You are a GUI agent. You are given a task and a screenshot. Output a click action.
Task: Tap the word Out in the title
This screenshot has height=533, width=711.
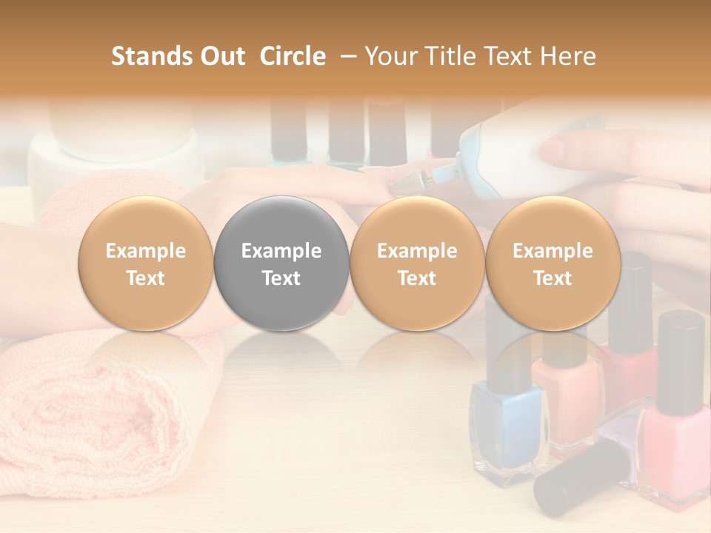221,56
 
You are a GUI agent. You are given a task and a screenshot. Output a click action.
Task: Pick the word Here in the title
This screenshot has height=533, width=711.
566,56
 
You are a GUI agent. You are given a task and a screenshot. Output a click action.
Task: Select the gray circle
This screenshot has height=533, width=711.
281,264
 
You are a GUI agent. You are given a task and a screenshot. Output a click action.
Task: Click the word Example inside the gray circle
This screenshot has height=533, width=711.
281,251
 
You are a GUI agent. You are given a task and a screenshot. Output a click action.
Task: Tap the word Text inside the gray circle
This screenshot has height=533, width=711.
281,278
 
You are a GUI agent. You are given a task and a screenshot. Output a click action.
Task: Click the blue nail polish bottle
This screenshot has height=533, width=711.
507,426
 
